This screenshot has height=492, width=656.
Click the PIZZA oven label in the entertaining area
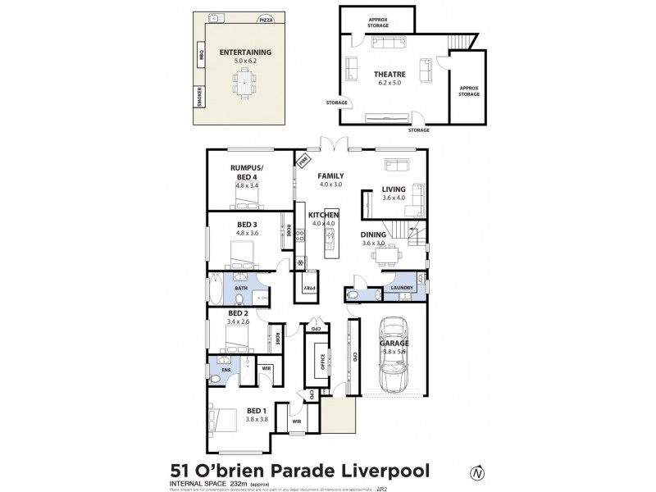point(266,20)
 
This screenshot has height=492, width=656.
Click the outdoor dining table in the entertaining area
point(245,80)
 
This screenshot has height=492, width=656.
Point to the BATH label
point(241,289)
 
